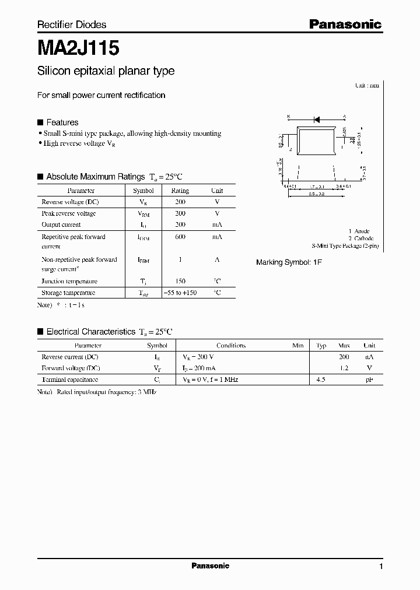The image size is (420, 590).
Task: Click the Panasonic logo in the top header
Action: click(x=345, y=24)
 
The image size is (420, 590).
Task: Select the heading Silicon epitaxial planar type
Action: click(x=106, y=71)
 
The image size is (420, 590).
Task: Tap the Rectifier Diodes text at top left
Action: click(x=72, y=24)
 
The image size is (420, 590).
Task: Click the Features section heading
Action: click(x=62, y=122)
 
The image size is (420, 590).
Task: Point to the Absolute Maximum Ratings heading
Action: click(x=95, y=177)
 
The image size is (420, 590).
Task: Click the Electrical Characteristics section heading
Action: click(x=90, y=332)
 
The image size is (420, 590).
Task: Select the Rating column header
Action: click(x=180, y=191)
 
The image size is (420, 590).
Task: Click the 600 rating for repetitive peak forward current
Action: click(x=180, y=237)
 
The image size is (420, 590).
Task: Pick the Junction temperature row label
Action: click(x=69, y=282)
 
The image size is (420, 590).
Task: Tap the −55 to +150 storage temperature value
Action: click(x=180, y=293)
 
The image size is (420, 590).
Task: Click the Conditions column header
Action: click(x=231, y=346)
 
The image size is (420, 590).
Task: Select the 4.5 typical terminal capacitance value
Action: click(x=321, y=380)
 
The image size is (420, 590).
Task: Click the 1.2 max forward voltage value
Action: click(x=344, y=368)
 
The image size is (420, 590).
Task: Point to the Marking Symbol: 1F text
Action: click(x=289, y=263)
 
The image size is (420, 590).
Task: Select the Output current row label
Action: click(x=61, y=224)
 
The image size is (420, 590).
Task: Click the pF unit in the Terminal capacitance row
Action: click(x=369, y=380)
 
